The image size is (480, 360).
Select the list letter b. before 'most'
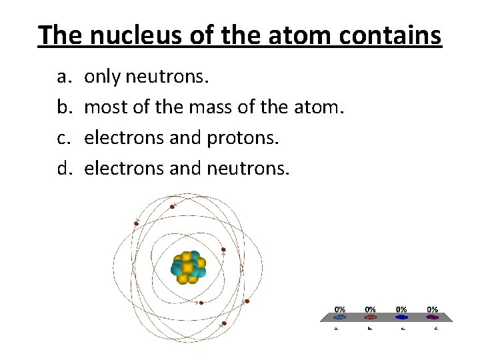[x=64, y=107]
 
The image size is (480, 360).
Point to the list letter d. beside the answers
[x=64, y=168]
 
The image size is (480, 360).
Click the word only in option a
[x=102, y=77]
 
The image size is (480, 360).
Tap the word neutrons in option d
[x=248, y=168]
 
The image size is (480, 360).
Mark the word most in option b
[x=105, y=107]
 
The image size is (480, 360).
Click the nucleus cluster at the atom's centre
[x=188, y=267]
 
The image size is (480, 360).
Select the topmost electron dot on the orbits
[x=172, y=207]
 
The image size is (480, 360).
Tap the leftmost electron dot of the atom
[x=136, y=223]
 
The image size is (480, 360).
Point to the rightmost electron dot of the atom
[x=247, y=301]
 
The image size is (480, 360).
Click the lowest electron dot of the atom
[x=224, y=323]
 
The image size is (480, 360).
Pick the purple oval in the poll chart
[x=432, y=317]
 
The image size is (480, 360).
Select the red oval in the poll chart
[x=370, y=317]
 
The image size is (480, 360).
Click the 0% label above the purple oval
[x=432, y=309]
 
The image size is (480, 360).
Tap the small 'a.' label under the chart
[x=339, y=327]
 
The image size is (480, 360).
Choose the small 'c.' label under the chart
[x=401, y=327]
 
